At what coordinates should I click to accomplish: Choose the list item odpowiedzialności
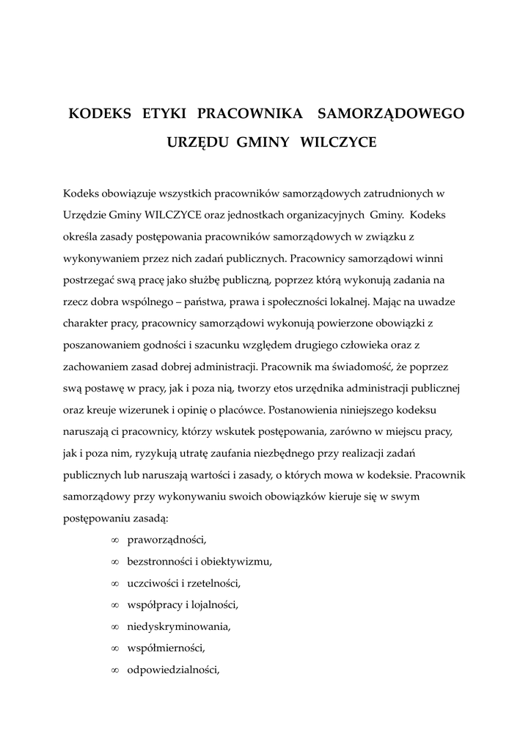pyautogui.click(x=173, y=670)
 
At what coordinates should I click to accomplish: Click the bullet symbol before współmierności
pyautogui.click(x=114, y=648)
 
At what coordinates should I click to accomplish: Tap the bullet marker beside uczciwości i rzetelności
pyautogui.click(x=114, y=584)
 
